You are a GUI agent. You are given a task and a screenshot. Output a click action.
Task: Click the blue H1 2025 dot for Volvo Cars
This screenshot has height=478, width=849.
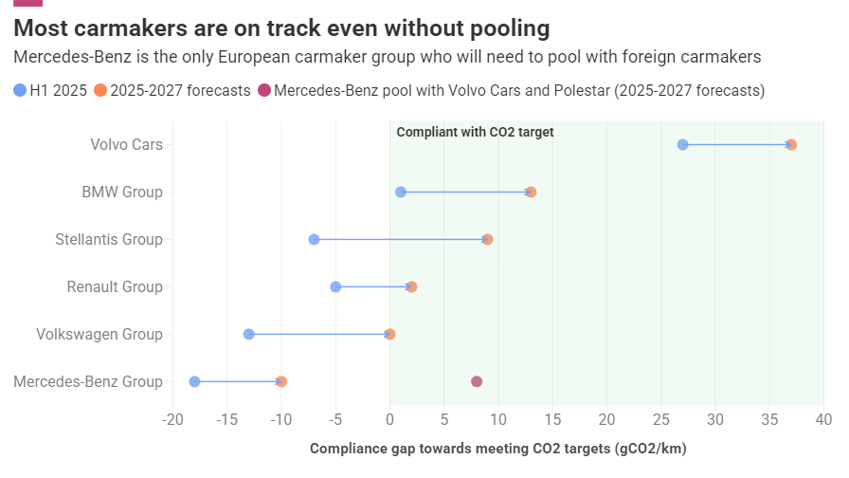coord(682,144)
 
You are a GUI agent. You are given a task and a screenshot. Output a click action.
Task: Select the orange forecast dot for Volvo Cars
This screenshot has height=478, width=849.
coord(791,144)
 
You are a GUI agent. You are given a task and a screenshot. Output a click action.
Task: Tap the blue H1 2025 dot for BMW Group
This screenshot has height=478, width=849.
coord(401,192)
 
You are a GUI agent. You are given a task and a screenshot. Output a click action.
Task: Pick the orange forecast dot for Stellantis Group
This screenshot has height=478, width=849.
coord(487,239)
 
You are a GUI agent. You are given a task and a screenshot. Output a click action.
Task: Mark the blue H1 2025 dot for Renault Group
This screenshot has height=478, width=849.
coord(335,286)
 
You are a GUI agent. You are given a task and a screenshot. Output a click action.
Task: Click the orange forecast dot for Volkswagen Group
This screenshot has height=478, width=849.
coord(389,334)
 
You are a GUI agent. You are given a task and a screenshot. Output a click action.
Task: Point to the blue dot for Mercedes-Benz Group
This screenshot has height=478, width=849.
coord(194,381)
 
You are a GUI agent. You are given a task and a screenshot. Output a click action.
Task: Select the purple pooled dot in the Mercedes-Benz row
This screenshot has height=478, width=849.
coord(477,381)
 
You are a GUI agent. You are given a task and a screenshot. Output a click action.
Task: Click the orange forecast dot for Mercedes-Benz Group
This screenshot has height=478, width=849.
coord(281,381)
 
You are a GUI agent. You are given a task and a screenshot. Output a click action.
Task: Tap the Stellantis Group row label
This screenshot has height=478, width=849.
coord(109,239)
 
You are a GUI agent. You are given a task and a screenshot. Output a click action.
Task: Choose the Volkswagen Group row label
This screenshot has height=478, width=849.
coord(99,334)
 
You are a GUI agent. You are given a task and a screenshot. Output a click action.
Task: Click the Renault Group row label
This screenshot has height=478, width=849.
coord(115,286)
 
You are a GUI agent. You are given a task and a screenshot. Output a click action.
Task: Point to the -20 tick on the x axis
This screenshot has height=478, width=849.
coord(172,419)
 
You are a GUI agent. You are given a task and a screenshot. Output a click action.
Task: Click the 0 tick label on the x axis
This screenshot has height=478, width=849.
coord(389,419)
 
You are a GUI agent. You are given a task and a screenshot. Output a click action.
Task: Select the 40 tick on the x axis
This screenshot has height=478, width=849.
coord(823,419)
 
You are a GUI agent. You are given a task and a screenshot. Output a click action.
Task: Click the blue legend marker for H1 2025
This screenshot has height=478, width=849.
coord(21,91)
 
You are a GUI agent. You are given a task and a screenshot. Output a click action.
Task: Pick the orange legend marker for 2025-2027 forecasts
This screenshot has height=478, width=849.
coord(101,91)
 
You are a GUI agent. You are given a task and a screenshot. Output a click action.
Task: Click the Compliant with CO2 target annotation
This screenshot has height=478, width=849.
coord(475,132)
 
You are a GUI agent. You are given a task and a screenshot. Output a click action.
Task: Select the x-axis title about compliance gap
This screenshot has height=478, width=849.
coord(497,449)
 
